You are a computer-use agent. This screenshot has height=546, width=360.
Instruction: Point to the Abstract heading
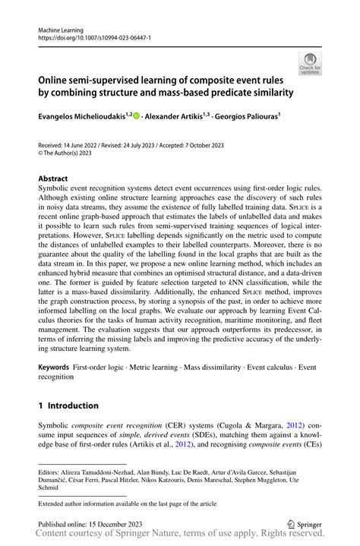53,179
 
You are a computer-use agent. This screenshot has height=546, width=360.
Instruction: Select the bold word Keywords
54,366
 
